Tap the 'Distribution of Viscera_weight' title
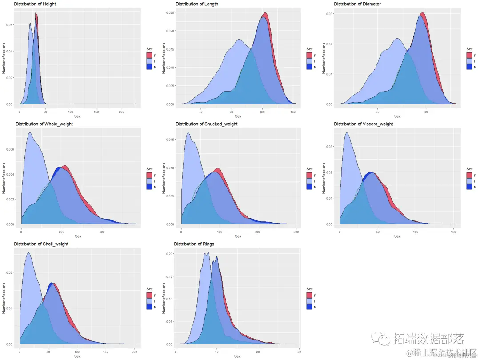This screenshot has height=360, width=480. pos(363,124)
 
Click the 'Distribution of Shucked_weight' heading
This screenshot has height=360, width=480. pos(206,124)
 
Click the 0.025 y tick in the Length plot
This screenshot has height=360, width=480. pos(170,12)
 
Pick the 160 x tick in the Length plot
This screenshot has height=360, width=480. pos(293,112)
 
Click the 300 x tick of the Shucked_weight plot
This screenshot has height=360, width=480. pos(295,232)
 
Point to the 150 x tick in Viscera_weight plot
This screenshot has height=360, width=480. pos(453,232)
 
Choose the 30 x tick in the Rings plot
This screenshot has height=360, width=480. pos(299,352)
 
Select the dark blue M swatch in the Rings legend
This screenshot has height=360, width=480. pos(309,307)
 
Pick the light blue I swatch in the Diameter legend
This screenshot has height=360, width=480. pos(470,61)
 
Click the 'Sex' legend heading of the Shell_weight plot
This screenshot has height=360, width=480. pos(149,289)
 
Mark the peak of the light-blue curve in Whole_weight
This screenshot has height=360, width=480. pos(30,132)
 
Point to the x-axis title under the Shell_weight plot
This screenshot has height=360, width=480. pos(77,356)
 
